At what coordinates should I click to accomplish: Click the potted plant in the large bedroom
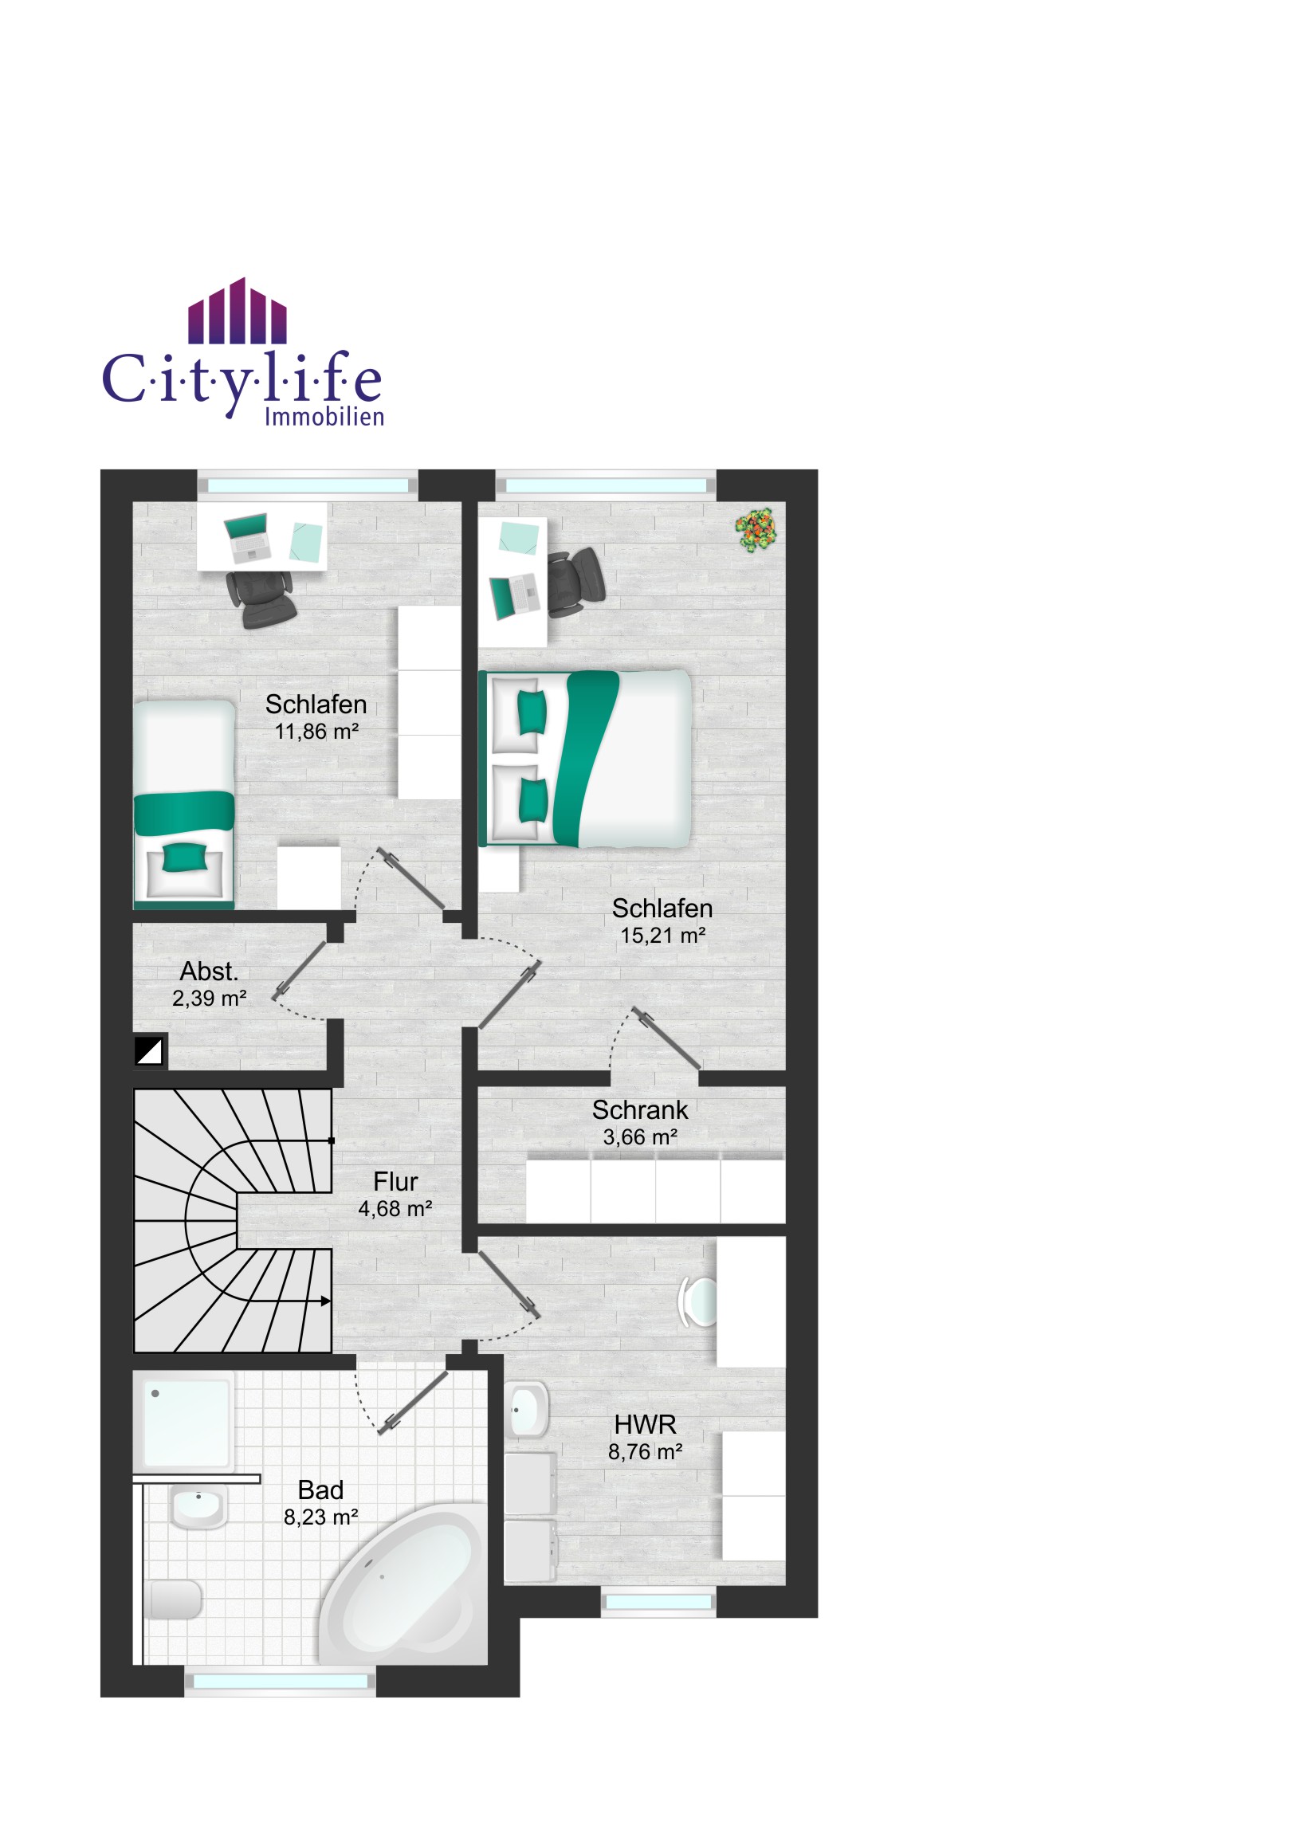756,529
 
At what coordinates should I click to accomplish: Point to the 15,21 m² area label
663,936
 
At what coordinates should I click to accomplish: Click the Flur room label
395,1182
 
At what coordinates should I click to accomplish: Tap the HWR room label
645,1424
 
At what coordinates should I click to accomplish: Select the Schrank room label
639,1109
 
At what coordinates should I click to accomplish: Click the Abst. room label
209,971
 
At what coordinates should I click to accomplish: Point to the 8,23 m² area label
321,1517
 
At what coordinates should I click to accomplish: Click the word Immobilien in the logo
324,417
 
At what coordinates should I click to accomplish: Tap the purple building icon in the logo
238,311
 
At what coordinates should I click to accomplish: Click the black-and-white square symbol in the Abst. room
149,1050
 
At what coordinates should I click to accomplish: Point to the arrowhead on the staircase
326,1301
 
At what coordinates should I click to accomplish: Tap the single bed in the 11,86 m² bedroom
183,805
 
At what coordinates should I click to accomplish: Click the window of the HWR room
658,1602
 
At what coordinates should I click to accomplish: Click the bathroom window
281,1682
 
